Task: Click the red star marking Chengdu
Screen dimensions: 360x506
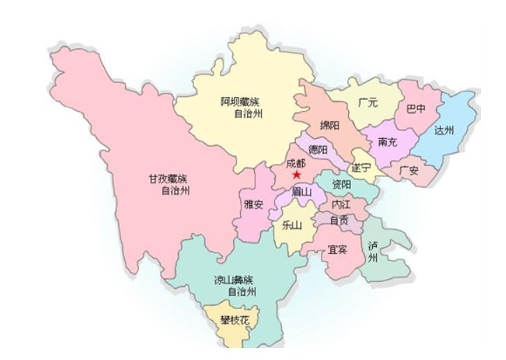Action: [x=297, y=174]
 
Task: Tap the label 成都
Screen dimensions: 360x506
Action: [x=296, y=163]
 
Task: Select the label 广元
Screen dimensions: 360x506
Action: [x=368, y=103]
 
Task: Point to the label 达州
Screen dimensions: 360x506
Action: [x=444, y=130]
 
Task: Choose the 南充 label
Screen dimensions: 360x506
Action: [x=388, y=142]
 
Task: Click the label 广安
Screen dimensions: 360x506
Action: [x=409, y=170]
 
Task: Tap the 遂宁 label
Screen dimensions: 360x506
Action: [x=362, y=167]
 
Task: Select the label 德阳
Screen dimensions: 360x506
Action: [x=318, y=149]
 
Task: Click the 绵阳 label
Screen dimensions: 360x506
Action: [x=329, y=126]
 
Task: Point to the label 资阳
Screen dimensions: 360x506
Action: [x=341, y=185]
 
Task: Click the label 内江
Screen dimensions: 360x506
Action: [x=341, y=205]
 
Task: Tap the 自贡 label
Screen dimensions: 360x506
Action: [x=340, y=220]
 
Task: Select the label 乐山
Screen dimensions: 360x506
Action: [x=291, y=225]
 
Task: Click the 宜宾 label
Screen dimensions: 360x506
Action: [x=338, y=249]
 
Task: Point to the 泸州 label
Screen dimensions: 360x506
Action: [x=372, y=251]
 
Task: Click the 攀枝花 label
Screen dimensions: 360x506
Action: [x=230, y=320]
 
